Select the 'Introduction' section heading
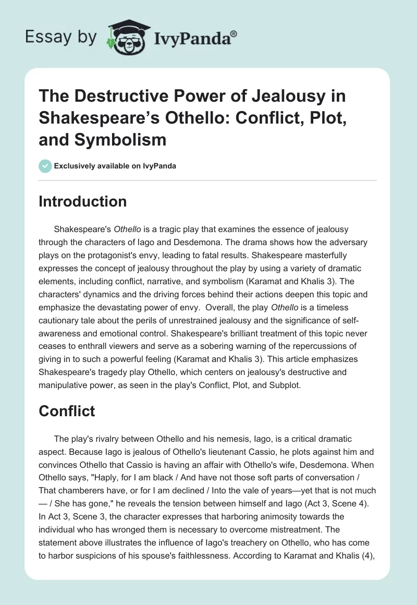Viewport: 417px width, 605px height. point(82,202)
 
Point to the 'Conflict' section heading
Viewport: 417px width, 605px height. point(67,411)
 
